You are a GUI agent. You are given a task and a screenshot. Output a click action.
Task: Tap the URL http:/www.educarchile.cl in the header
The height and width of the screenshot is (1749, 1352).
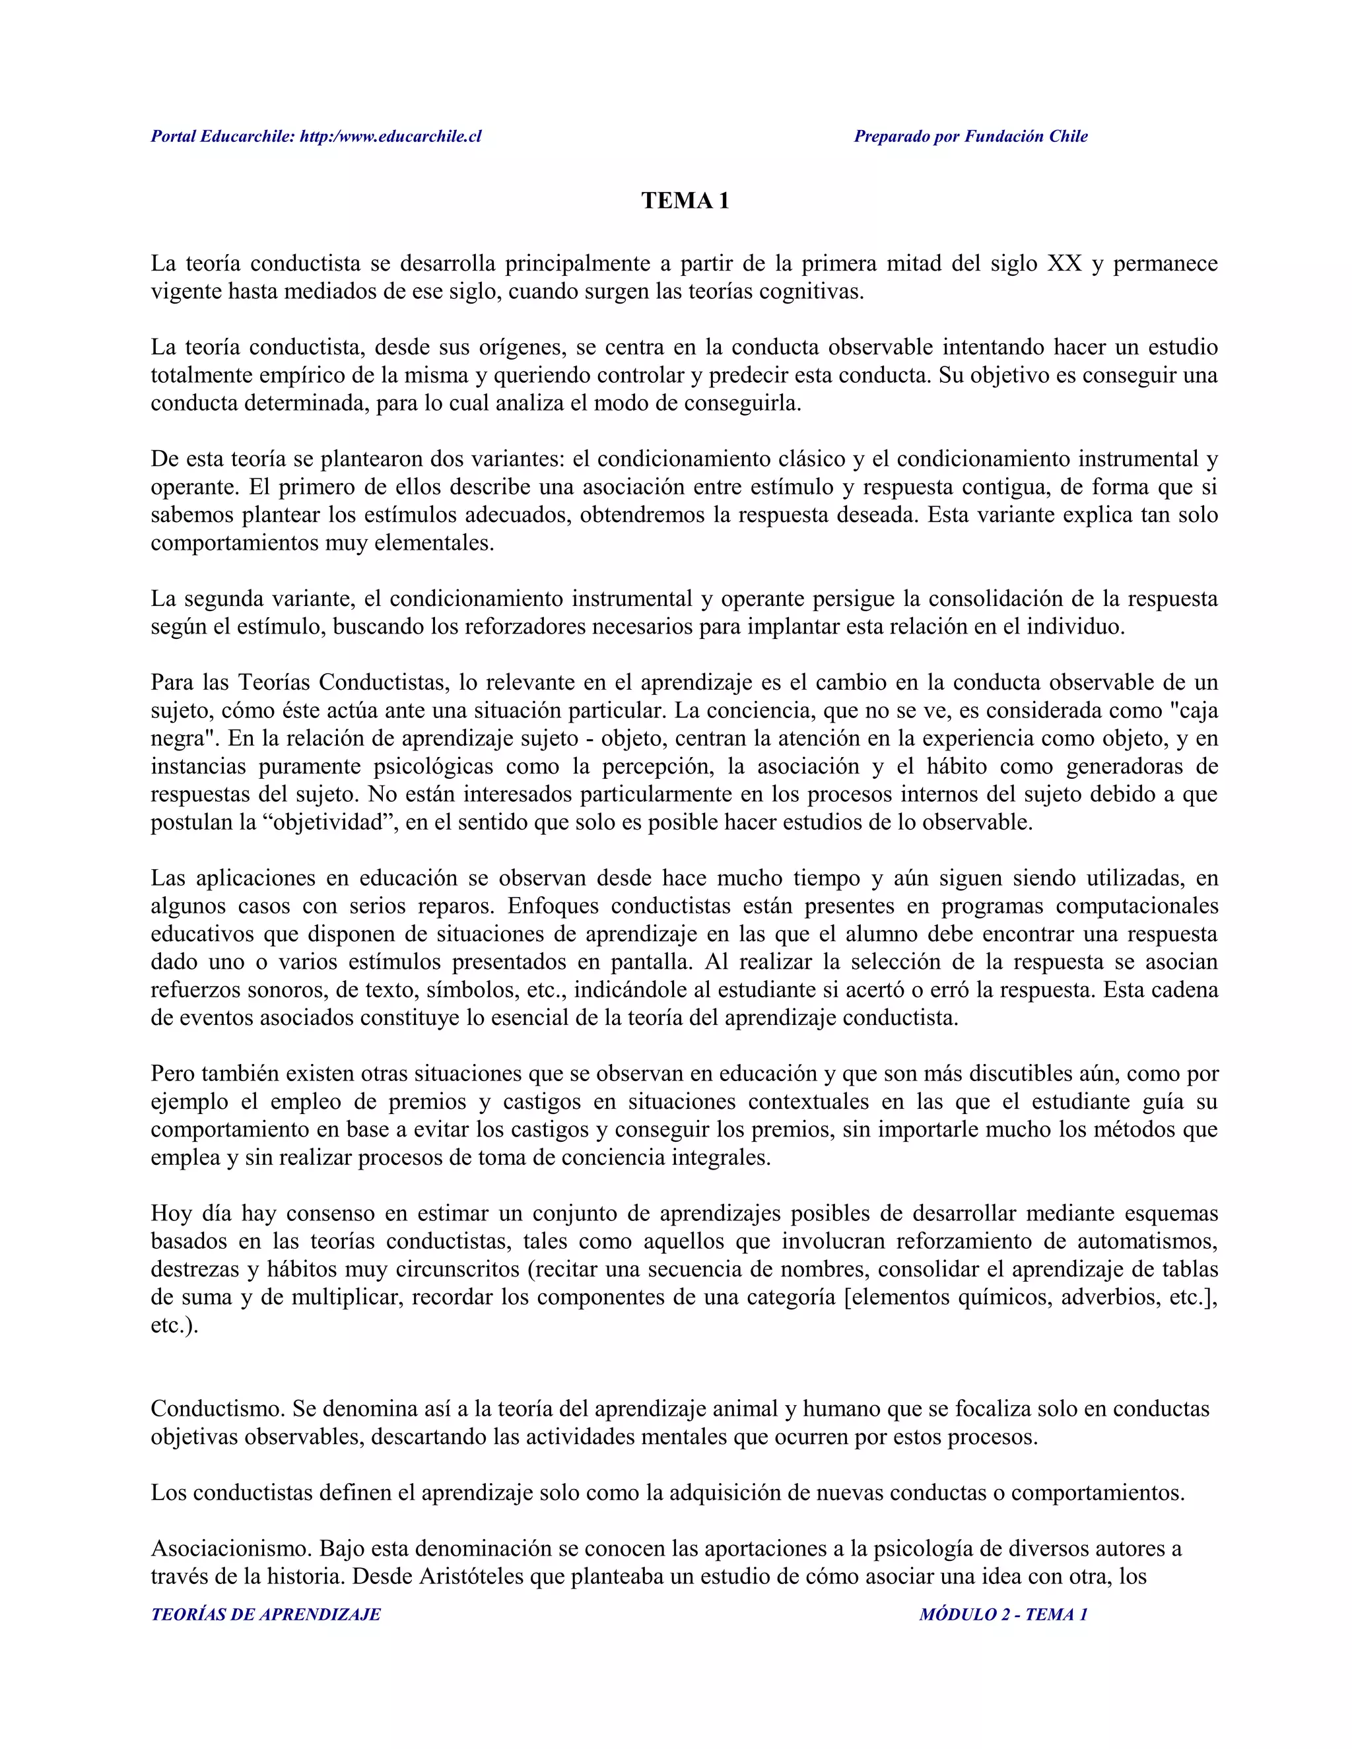[x=391, y=136]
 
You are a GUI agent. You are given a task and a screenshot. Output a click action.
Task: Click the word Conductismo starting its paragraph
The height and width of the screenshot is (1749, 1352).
[x=217, y=1408]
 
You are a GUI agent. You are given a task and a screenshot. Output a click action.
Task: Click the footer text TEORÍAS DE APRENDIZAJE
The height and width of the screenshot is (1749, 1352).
[x=266, y=1614]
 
